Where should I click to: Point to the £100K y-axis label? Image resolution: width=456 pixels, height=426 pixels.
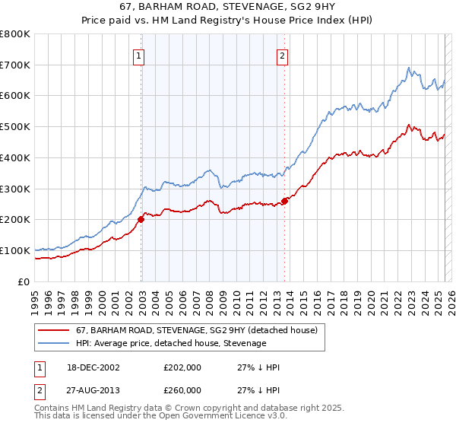coord(15,250)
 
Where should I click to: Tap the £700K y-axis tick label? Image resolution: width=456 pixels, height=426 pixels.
coord(15,65)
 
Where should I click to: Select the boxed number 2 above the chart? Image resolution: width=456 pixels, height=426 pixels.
coord(282,55)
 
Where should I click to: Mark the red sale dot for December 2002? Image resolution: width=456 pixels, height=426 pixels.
coord(141,219)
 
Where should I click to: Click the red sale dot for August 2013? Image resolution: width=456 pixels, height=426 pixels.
coord(284,201)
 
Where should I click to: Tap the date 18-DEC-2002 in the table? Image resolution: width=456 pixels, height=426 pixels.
coord(93,367)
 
